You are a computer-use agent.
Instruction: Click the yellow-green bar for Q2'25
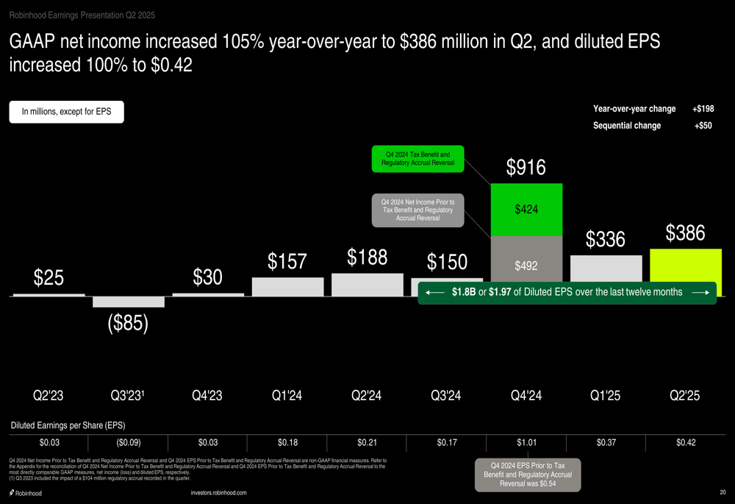(x=686, y=265)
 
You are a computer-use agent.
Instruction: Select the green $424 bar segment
(x=526, y=210)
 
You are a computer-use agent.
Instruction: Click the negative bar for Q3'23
(x=128, y=302)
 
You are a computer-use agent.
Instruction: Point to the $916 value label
(x=526, y=168)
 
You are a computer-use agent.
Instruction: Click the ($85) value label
(x=128, y=323)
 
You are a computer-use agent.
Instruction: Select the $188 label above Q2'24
(x=367, y=258)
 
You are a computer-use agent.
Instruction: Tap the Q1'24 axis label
(x=287, y=396)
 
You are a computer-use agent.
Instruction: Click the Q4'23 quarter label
(x=207, y=396)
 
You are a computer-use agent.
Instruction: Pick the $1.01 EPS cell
(x=526, y=442)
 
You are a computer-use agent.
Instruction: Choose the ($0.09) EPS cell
(x=128, y=442)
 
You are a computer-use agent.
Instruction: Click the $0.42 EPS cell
(x=686, y=442)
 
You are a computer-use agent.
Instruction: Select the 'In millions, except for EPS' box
(x=66, y=112)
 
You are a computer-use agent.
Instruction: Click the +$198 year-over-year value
(x=703, y=109)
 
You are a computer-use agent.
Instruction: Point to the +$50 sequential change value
(x=703, y=126)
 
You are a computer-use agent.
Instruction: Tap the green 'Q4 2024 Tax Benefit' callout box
(x=417, y=158)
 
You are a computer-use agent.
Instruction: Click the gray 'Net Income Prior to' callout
(x=417, y=210)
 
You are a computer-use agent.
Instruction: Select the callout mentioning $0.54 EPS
(x=527, y=474)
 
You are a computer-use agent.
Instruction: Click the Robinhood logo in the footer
(x=26, y=493)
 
